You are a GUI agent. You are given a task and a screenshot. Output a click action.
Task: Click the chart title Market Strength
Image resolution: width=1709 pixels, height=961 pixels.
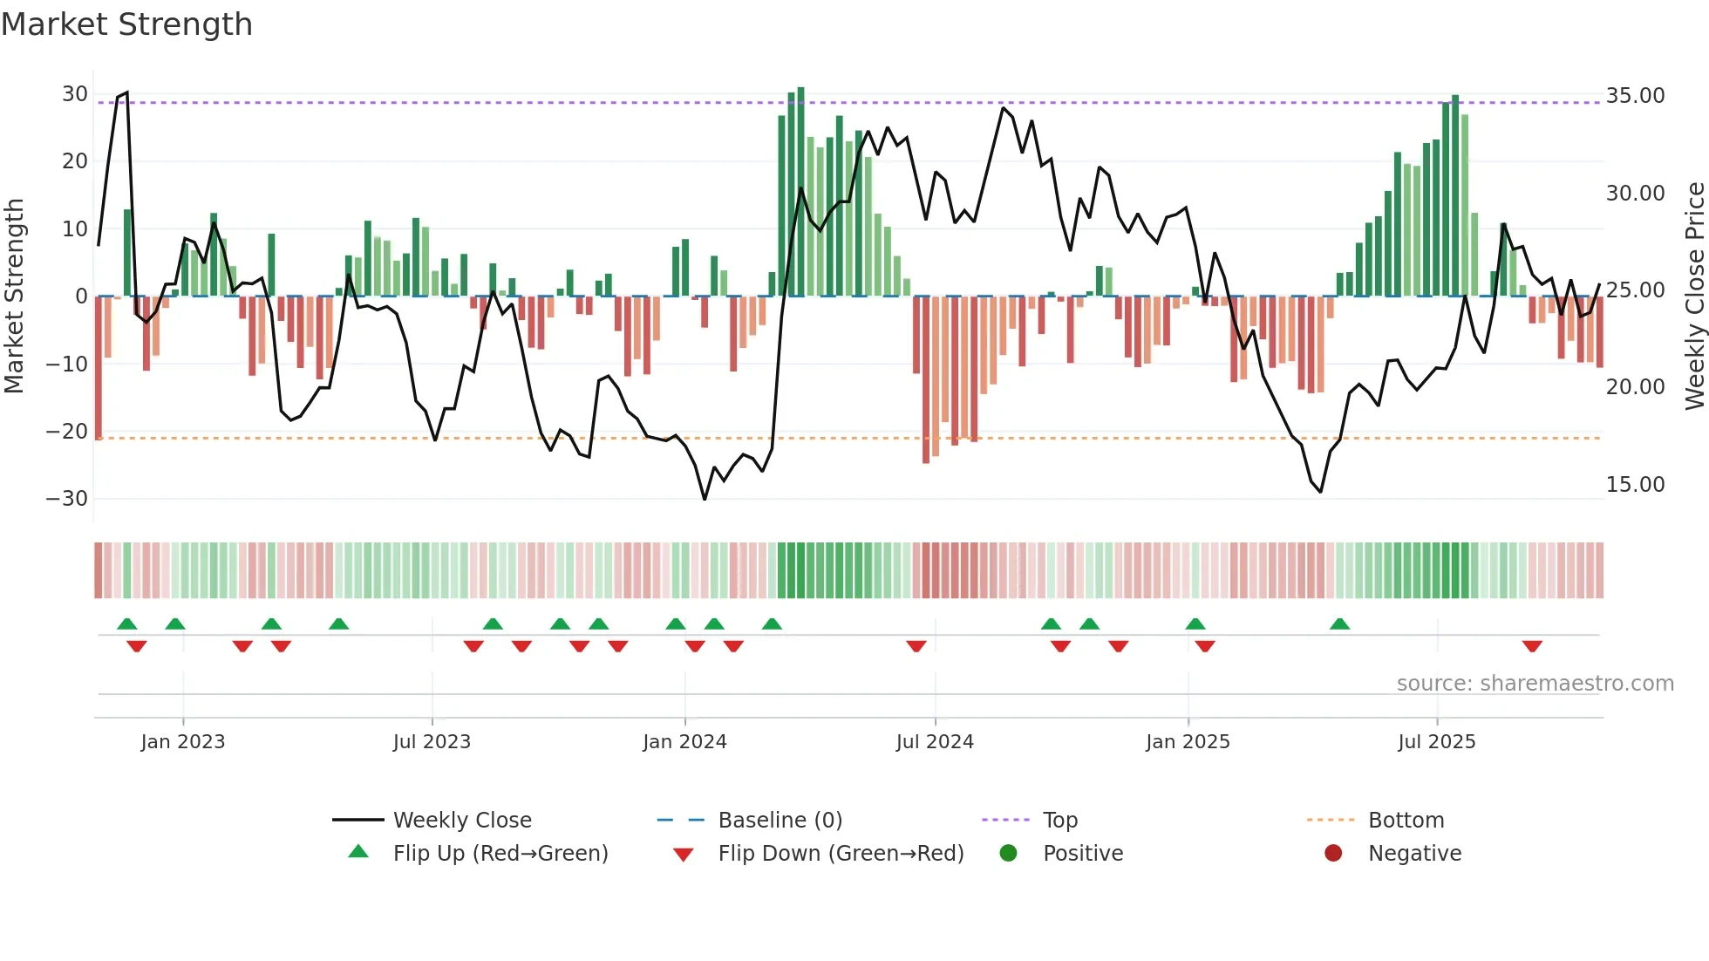(126, 24)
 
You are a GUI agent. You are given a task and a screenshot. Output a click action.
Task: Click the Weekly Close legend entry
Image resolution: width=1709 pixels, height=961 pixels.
(461, 820)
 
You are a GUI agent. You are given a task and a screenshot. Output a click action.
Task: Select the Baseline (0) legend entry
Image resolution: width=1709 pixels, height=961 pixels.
(780, 820)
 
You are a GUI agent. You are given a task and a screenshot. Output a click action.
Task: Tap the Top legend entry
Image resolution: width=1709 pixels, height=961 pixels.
(1059, 820)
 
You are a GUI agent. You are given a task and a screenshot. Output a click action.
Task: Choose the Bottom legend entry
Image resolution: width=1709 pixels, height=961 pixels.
(1406, 820)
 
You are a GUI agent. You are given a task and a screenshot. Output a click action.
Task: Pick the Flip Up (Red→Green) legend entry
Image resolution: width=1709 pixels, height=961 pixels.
(500, 853)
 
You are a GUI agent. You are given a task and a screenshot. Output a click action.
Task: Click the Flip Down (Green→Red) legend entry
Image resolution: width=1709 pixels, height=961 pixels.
(841, 853)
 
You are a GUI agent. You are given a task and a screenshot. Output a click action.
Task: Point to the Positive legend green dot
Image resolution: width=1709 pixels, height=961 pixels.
(1009, 853)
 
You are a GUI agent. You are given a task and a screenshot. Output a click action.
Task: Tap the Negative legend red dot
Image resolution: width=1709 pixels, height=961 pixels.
(1333, 853)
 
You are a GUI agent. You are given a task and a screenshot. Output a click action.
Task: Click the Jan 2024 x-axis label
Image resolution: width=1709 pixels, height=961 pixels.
(684, 741)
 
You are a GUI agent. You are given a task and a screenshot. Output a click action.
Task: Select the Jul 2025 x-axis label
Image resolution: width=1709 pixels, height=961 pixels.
(1436, 741)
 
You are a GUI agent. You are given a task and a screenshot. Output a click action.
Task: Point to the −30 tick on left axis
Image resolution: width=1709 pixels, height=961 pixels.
(67, 499)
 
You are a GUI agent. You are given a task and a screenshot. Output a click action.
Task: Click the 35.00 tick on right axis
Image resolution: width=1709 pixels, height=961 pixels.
(1635, 96)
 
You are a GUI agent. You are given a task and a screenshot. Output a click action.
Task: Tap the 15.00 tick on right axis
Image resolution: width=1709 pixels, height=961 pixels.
(1635, 485)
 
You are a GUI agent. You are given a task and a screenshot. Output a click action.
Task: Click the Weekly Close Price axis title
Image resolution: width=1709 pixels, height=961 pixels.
(1694, 296)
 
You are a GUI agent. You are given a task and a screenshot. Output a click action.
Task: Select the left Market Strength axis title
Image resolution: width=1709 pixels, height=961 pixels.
(14, 296)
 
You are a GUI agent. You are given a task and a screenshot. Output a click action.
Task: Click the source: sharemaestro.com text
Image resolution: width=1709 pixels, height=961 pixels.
(1535, 683)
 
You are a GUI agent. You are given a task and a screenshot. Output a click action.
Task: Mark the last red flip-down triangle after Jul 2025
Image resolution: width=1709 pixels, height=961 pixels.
(1532, 646)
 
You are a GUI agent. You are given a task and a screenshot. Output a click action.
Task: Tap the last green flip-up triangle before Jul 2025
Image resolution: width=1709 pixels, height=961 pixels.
(1339, 624)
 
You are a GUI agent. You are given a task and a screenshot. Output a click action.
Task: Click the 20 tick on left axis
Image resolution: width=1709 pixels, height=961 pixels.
(74, 161)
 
